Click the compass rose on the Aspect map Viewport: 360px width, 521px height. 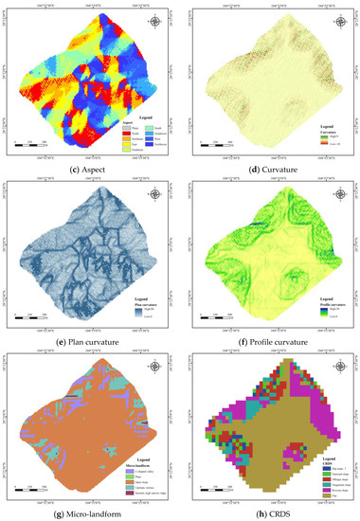pyautogui.click(x=155, y=21)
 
